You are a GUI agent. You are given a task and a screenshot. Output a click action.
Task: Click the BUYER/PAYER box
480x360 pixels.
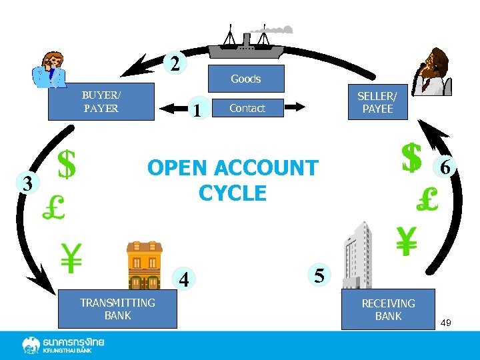pos(101,101)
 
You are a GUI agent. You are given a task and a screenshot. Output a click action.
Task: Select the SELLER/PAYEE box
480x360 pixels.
pos(378,102)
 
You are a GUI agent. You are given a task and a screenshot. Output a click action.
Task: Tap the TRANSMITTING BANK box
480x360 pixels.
pos(117,309)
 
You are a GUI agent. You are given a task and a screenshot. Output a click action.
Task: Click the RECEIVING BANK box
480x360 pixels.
pos(388,309)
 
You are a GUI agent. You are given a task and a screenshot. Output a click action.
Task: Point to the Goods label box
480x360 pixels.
pos(246,79)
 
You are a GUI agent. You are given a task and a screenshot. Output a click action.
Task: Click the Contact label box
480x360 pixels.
pos(247,108)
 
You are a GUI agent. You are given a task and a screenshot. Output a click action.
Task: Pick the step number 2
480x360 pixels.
pos(175,64)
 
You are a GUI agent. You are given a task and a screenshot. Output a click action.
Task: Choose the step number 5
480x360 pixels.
pos(319,275)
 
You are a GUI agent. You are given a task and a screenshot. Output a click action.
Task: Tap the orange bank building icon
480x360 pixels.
pos(145,266)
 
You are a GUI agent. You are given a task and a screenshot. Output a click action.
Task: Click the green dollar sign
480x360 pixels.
pos(66,164)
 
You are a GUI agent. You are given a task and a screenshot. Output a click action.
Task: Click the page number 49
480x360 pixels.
pos(446,323)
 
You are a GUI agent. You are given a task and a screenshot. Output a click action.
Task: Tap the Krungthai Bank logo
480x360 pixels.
pos(64,345)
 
